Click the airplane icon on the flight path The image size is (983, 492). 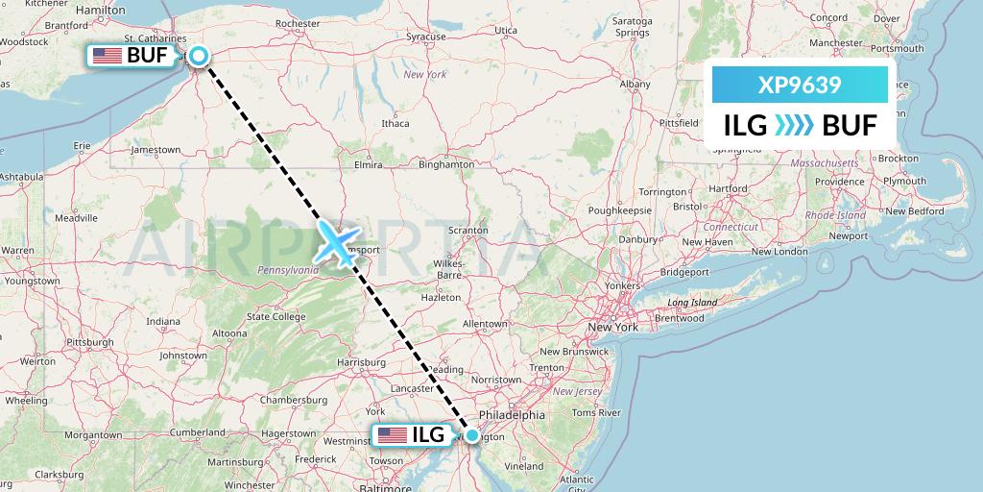pos(337,243)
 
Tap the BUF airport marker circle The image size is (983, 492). pos(199,56)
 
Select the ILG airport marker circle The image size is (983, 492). pos(471,435)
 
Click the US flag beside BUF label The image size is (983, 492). pos(108,56)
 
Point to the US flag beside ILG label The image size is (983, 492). pos(393,435)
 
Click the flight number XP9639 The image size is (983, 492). pos(800,86)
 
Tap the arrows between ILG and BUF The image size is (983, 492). pos(793,125)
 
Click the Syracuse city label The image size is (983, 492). pos(426,37)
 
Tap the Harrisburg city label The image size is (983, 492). pos(362,362)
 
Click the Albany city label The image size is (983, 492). pos(635,85)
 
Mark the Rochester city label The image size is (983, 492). pos(298,23)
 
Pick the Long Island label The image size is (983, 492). pos(692,303)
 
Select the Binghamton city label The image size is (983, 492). pos(445,164)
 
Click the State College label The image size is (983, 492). pos(276,316)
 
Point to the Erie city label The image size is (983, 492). pos(83,145)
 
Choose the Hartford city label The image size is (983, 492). pos(728,189)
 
